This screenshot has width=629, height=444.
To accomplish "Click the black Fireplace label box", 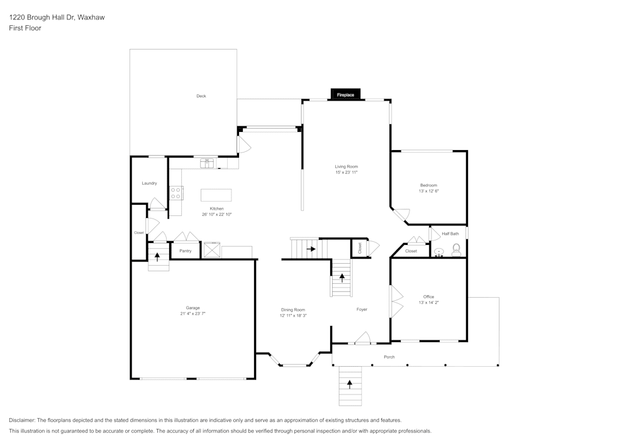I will (x=345, y=95).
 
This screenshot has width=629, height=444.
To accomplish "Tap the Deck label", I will (x=201, y=96).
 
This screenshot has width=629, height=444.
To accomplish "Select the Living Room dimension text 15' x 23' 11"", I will (x=346, y=172).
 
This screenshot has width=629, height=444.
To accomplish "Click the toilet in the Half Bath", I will (x=456, y=250).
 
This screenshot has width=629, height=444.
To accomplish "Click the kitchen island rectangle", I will (x=216, y=195).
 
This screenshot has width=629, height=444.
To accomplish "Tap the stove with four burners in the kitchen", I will (x=176, y=193).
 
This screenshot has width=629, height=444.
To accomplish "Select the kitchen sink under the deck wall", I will (x=208, y=163).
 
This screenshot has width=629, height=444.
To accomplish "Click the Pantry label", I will (x=185, y=251).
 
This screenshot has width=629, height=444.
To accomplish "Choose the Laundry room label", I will (x=149, y=183).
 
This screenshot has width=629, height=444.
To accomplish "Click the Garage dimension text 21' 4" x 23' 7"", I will (x=192, y=313).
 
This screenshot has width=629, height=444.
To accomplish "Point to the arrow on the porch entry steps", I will (x=350, y=384).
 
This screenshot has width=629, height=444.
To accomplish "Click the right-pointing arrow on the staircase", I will (x=311, y=249).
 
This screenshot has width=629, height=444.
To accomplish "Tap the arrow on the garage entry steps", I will (x=157, y=256).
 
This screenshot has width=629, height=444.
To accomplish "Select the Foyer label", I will (x=362, y=309).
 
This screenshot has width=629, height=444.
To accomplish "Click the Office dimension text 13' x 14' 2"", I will (x=428, y=303).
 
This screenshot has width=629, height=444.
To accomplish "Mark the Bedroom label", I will (x=428, y=185).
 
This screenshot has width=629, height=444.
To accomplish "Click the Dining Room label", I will (x=292, y=310).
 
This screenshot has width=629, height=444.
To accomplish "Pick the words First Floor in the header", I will (x=25, y=28).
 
